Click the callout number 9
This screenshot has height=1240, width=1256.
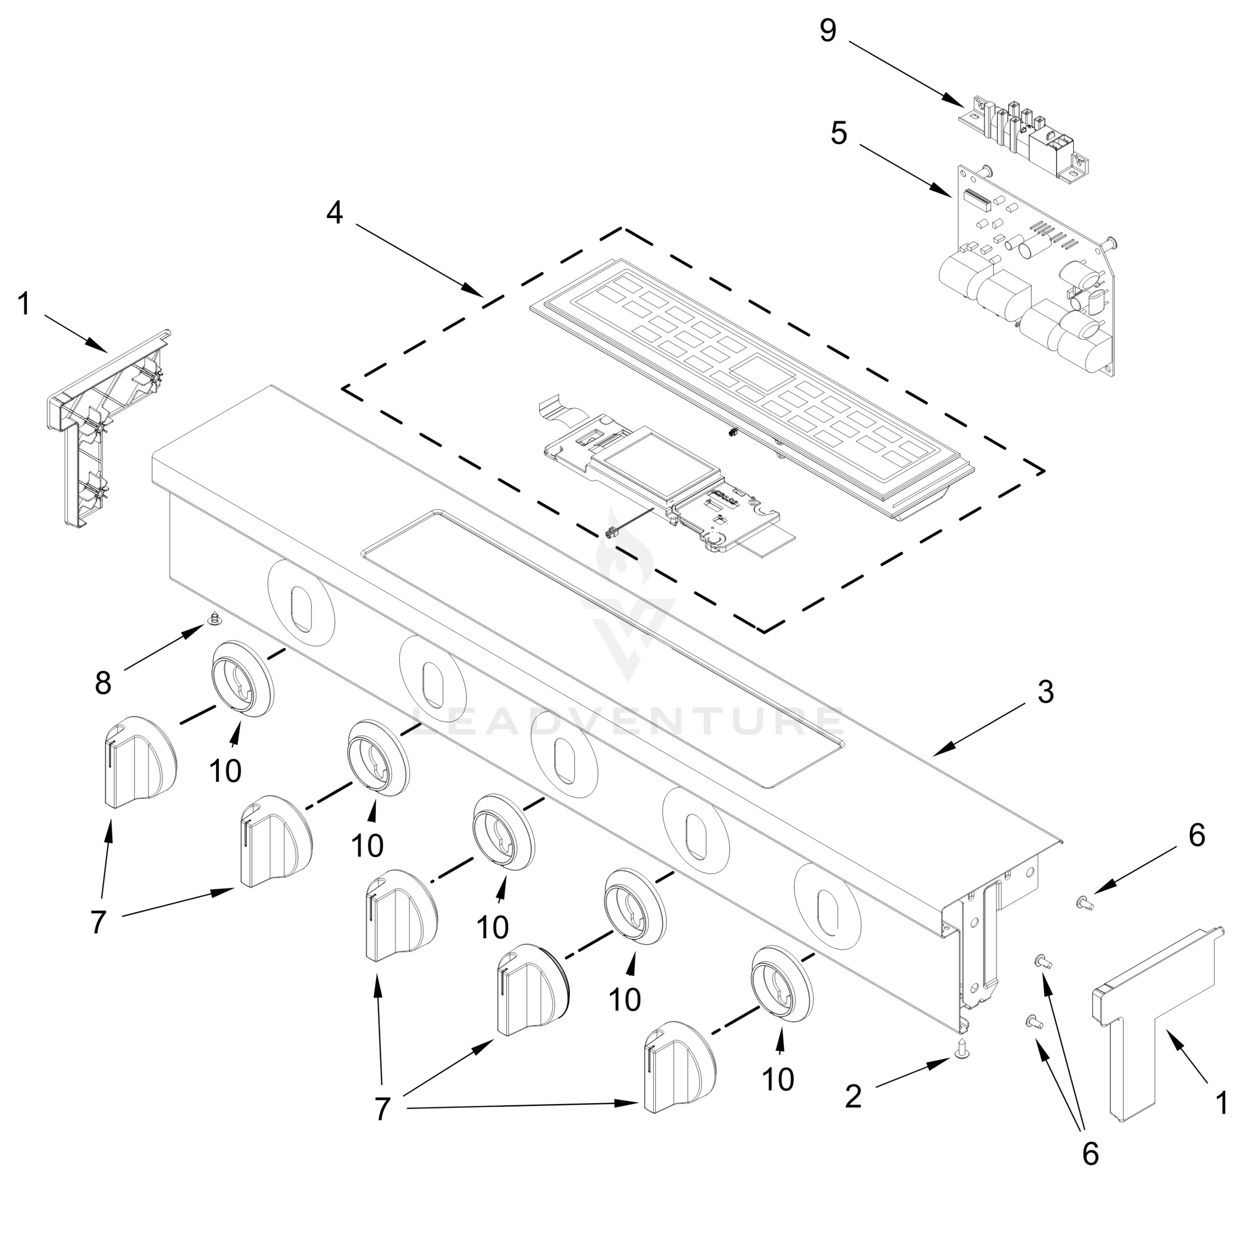[x=827, y=31]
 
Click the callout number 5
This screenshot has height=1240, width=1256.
[x=839, y=134]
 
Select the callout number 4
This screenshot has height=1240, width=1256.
[x=334, y=213]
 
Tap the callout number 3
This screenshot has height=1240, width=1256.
[x=1045, y=692]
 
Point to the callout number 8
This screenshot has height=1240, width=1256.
[x=103, y=683]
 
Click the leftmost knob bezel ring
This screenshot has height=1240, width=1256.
[x=242, y=679]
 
